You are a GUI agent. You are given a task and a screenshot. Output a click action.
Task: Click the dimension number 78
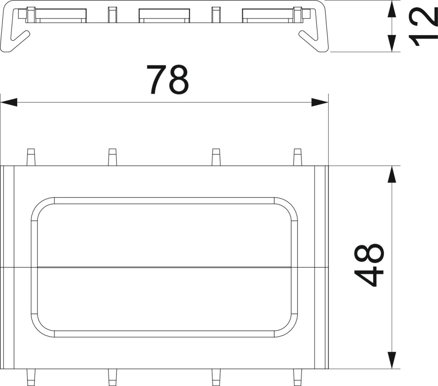click(x=168, y=80)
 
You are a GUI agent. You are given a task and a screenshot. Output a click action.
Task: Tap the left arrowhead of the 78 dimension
click(x=9, y=102)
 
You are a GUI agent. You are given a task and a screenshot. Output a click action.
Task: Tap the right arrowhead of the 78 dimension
click(x=320, y=102)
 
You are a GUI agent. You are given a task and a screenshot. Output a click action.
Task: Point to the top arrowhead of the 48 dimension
click(x=391, y=174)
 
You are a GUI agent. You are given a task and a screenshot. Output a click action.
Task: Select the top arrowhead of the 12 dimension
click(x=391, y=9)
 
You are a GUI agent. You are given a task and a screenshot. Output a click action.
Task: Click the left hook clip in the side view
click(x=18, y=39)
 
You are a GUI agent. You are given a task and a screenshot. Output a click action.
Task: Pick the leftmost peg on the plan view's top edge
click(x=31, y=157)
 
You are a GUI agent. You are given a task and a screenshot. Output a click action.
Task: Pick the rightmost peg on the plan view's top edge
click(x=298, y=157)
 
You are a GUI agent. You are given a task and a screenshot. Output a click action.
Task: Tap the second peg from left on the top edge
click(x=112, y=157)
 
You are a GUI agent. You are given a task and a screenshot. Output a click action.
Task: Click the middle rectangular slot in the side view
click(x=164, y=15)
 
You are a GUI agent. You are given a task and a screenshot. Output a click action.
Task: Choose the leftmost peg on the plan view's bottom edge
click(x=31, y=376)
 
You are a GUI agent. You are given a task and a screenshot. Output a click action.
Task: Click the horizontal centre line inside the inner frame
click(x=164, y=267)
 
